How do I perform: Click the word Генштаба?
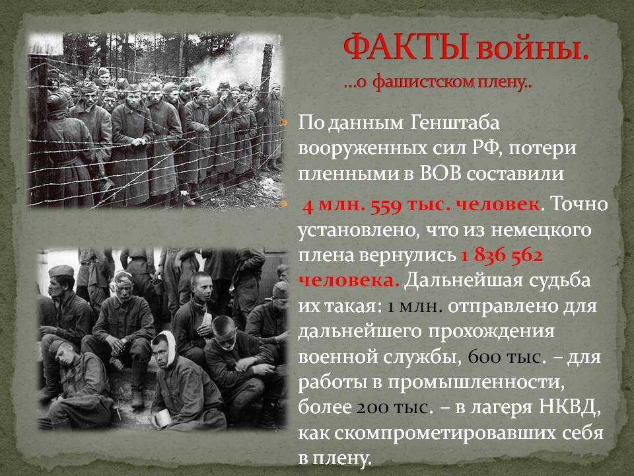(x=454, y=123)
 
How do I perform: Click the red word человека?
(x=349, y=281)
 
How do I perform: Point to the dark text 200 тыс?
(x=394, y=408)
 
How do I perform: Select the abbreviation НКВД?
(x=570, y=408)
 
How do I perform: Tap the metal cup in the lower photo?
(x=162, y=419)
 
